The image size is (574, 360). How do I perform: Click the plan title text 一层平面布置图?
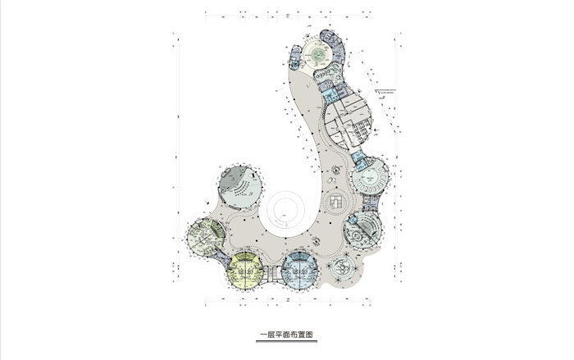[x=286, y=334]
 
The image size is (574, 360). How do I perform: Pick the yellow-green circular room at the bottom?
[x=245, y=271]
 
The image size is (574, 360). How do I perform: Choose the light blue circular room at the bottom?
[x=299, y=271]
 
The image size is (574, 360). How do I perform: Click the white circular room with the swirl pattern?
[x=341, y=268]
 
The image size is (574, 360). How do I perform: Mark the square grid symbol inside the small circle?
[x=336, y=201]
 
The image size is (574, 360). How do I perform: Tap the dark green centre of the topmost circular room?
[x=317, y=53]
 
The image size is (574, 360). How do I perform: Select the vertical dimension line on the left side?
[x=174, y=164]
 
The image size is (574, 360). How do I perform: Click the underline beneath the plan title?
[x=286, y=342]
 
